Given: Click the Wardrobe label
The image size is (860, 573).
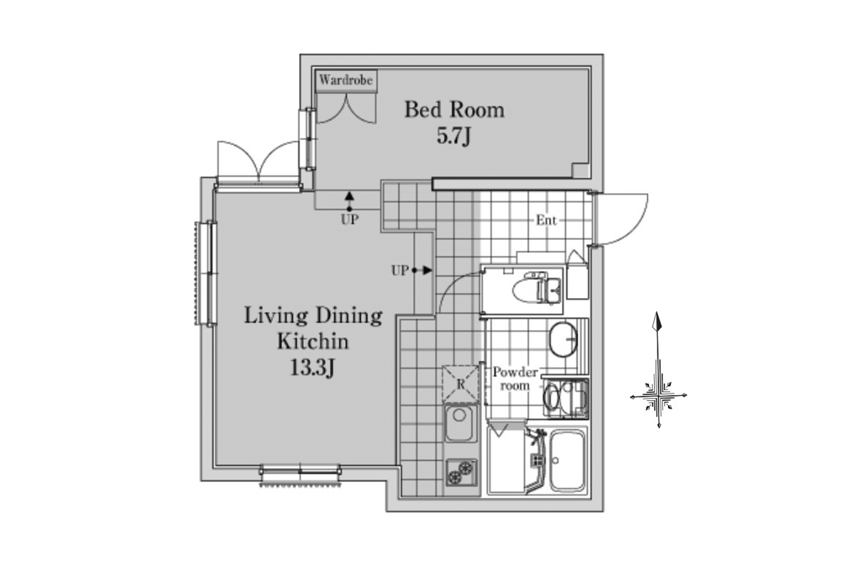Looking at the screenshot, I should click(x=346, y=81).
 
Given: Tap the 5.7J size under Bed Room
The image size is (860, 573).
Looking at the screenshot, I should click(x=454, y=136).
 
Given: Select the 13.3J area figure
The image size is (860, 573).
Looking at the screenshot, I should click(x=312, y=368).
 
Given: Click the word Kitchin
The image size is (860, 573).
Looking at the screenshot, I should click(x=313, y=342).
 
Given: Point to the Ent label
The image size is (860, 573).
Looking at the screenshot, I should click(x=546, y=220).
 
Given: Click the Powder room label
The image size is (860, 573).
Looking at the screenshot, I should click(x=515, y=379).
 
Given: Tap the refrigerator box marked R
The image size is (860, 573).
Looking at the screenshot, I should click(x=460, y=384).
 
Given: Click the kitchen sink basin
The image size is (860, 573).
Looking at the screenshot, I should click(x=460, y=423).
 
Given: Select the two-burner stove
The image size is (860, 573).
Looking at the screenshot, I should click(x=461, y=473).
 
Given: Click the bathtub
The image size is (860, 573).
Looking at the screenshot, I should click(x=567, y=461).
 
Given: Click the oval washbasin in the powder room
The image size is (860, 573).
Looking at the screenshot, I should click(x=563, y=339).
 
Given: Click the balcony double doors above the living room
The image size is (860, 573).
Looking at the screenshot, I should click(x=258, y=161).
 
